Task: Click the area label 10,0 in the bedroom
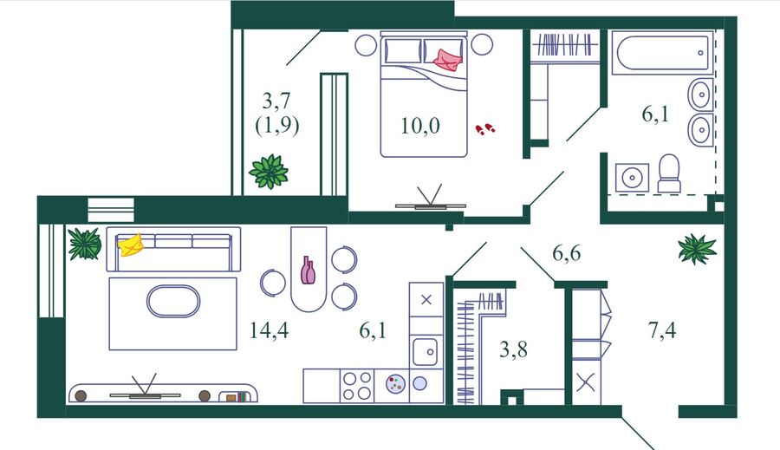click(x=420, y=126)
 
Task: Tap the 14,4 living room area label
click(x=270, y=330)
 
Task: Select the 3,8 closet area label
click(x=513, y=349)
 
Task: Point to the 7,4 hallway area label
click(x=662, y=330)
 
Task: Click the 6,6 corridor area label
click(x=567, y=253)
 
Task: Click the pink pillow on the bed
click(x=448, y=60)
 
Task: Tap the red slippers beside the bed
click(x=485, y=129)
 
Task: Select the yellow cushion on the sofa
click(x=130, y=245)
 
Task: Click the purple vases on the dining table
click(x=308, y=270)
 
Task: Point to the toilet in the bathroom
click(x=669, y=173)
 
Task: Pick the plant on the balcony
click(x=269, y=171)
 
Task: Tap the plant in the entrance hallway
click(x=697, y=248)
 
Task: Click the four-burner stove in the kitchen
click(x=357, y=386)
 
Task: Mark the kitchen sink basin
click(x=426, y=351)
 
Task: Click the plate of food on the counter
click(x=395, y=384)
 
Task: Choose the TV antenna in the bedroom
click(x=430, y=196)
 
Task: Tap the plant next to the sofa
click(x=85, y=244)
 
